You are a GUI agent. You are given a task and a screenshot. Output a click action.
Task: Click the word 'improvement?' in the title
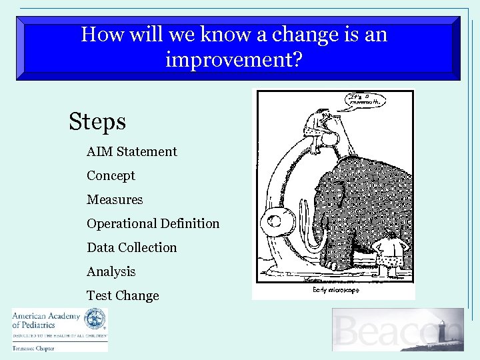[x=234, y=60]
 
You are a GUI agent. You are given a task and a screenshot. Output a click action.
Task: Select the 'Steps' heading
[x=97, y=121]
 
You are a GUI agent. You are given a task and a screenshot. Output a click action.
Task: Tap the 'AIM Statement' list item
[x=131, y=151]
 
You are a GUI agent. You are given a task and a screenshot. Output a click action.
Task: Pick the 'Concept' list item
[x=111, y=175]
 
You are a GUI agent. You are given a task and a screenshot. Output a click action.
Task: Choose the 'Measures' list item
[x=115, y=199]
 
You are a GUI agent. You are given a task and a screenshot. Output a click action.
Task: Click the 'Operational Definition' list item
[x=153, y=223]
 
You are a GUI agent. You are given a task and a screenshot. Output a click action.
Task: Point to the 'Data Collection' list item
[x=131, y=247]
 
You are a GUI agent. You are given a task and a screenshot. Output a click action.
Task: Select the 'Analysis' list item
[x=111, y=271]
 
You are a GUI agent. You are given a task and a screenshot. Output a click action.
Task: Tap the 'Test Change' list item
[x=123, y=295]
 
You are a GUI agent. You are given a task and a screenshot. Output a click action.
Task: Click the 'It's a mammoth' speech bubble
[x=366, y=101]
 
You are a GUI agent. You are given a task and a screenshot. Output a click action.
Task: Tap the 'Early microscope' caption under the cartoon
[x=335, y=290]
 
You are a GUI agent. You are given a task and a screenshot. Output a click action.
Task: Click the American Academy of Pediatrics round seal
[x=95, y=319]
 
